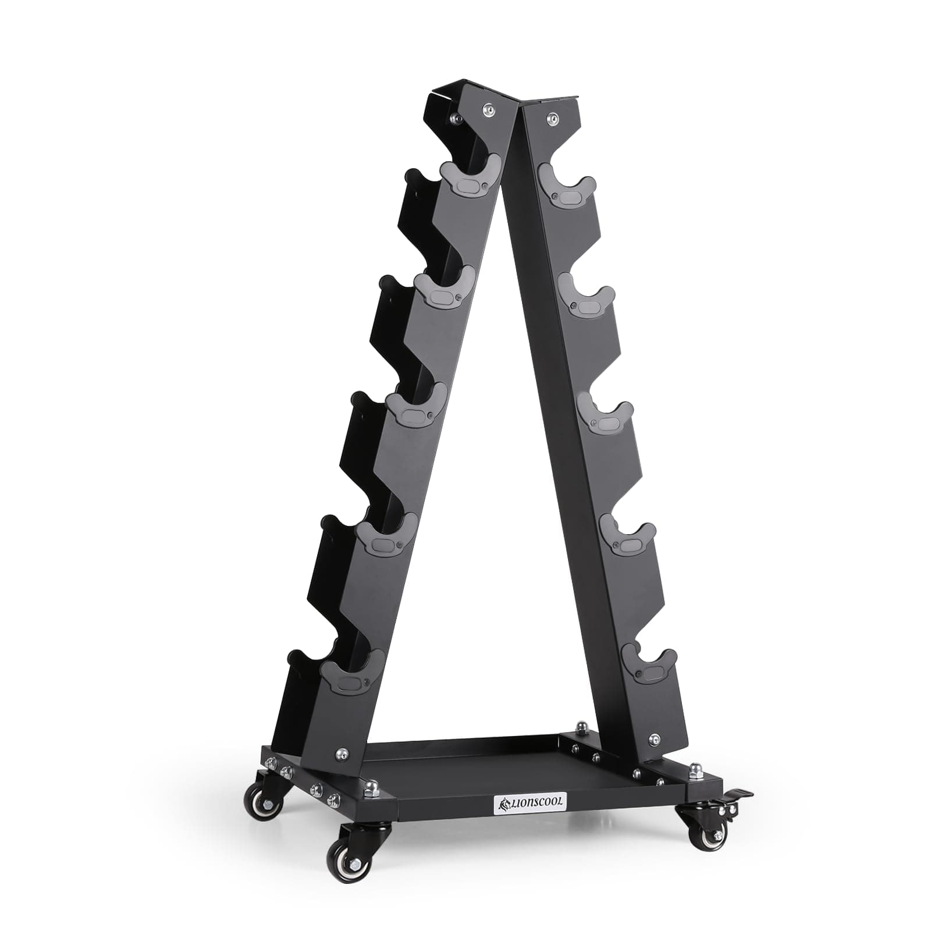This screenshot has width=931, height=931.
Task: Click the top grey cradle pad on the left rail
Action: (469, 177)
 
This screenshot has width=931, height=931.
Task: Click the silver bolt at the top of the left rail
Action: (489, 109)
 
